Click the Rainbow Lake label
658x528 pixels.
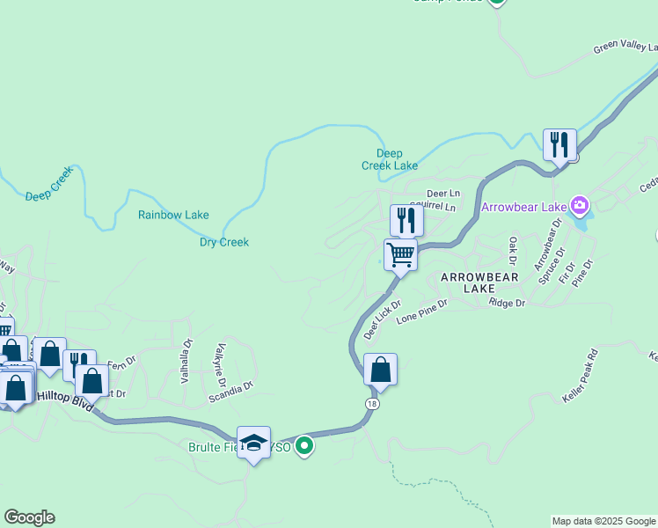[173, 215]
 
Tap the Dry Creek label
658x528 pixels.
[224, 242]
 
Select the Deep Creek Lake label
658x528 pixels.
[390, 158]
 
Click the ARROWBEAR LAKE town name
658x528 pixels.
[479, 282]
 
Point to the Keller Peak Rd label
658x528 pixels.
[580, 376]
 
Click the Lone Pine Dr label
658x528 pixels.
[421, 310]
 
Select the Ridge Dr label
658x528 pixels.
[507, 303]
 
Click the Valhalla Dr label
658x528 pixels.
[186, 362]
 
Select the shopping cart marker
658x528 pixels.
[400, 255]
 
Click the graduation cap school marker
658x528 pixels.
[253, 444]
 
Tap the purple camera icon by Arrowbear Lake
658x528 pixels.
[579, 207]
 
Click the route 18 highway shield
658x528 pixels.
[372, 402]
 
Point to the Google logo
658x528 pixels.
[29, 517]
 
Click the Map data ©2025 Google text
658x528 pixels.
[603, 521]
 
